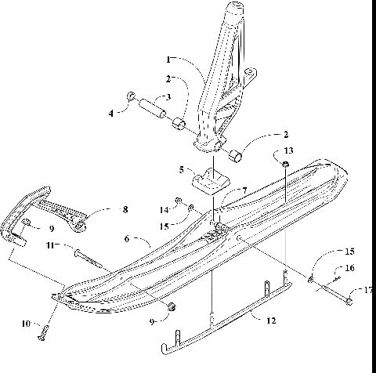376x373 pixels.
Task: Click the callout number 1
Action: pyautogui.click(x=168, y=59)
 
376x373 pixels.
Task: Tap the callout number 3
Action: pyautogui.click(x=166, y=98)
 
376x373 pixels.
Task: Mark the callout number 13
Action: pyautogui.click(x=288, y=150)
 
